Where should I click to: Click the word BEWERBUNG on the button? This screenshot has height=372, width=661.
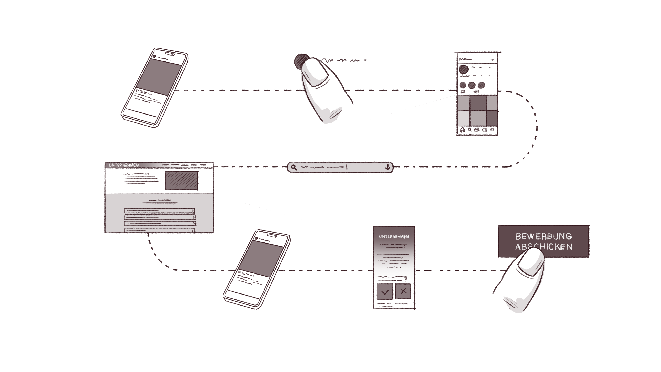pos(543,236)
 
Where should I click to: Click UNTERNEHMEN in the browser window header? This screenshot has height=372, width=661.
pos(124,165)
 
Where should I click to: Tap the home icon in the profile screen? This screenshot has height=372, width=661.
pos(462,130)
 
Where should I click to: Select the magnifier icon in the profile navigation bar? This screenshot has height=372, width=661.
pos(470,130)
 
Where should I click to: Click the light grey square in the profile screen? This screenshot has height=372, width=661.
pos(463,118)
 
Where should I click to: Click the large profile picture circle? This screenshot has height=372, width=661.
pos(464,69)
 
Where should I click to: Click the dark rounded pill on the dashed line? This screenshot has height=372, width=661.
pos(340,167)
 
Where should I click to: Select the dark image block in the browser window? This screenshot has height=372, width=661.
pos(181,180)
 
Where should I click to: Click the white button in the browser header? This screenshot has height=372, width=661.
pos(206,165)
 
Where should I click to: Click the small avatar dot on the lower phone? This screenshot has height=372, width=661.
pos(256,238)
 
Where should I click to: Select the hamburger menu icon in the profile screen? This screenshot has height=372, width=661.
pos(492,60)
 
